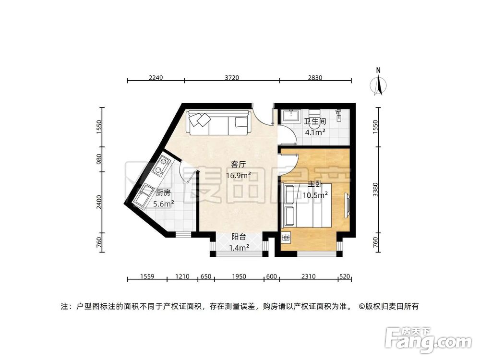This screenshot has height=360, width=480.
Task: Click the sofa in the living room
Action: point(218,123)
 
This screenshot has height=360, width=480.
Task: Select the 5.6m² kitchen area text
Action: point(163,204)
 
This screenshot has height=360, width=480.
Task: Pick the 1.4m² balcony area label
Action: point(239,248)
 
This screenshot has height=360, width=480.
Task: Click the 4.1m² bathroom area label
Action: point(315,131)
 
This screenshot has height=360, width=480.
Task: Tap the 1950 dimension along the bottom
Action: point(239,276)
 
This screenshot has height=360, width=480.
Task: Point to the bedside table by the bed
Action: point(287,237)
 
